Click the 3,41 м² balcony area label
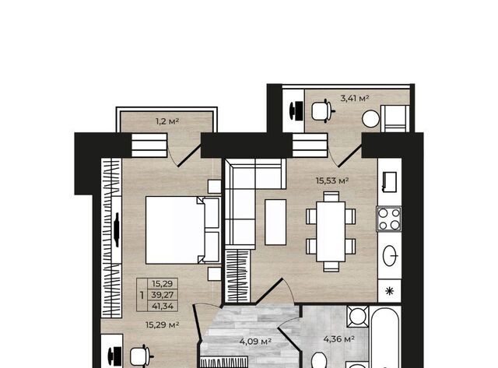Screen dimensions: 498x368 point(355,99)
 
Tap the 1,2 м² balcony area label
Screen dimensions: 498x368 point(167,121)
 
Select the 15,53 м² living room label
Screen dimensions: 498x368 point(332,181)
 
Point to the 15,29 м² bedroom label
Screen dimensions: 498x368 point(163,325)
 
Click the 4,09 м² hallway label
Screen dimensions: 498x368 point(255,342)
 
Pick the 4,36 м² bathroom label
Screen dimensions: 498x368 point(339,339)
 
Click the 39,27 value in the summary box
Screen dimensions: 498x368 point(163,295)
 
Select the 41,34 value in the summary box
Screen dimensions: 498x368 point(163,307)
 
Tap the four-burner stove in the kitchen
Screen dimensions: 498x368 point(389,219)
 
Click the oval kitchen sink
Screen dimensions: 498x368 point(390,256)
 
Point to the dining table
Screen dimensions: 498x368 point(331,232)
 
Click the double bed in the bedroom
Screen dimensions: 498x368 point(183,230)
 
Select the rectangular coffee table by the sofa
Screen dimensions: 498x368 point(275,223)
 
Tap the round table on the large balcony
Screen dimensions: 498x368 point(370,119)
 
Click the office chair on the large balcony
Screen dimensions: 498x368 point(323,110)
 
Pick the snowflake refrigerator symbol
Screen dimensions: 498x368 point(389,291)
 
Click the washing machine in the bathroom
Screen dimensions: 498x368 point(358,316)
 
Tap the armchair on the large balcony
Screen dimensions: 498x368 point(395,118)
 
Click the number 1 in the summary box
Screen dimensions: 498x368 point(142,296)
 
